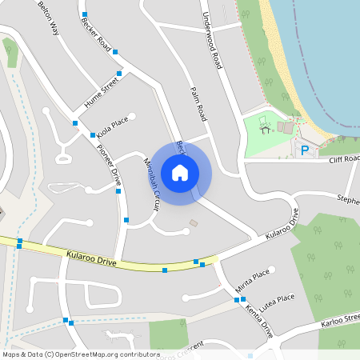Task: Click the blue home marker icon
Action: coord(180,172)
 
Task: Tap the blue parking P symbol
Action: coord(304,150)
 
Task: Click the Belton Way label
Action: coord(49,18)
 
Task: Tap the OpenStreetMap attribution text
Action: coord(81,354)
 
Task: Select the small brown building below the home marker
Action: coord(193,222)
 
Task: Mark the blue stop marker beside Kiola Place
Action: coord(74,122)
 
